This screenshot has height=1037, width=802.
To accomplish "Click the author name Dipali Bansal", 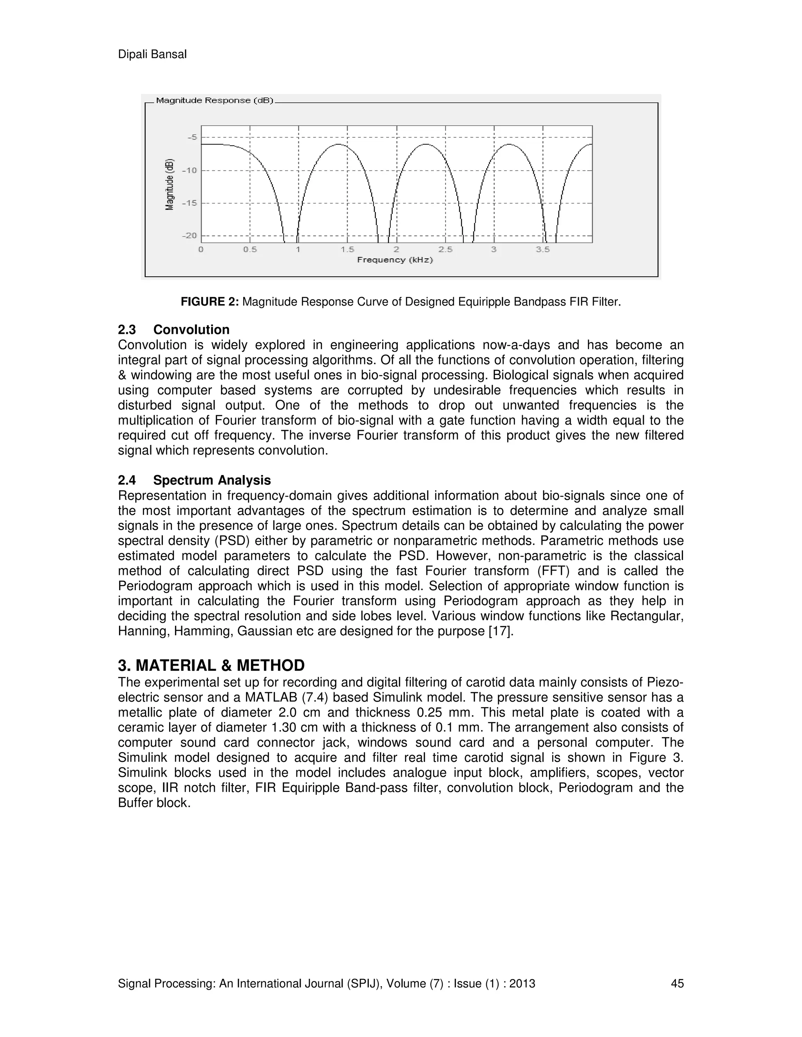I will [152, 55].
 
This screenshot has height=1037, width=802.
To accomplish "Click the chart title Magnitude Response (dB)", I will [214, 101].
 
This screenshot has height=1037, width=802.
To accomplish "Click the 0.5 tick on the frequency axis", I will [250, 250].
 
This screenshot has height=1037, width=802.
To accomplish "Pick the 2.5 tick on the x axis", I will [445, 250].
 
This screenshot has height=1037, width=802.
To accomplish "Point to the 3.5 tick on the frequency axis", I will [543, 250].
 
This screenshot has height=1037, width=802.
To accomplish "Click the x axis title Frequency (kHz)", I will [395, 260].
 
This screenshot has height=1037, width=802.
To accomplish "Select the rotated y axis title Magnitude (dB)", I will [170, 185].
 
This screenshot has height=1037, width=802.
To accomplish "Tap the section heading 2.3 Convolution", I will [173, 329].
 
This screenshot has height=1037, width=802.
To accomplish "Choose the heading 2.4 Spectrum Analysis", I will [194, 480].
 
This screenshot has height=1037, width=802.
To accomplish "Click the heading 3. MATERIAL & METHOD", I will [211, 665].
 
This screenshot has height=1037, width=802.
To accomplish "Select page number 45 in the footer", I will [677, 984].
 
